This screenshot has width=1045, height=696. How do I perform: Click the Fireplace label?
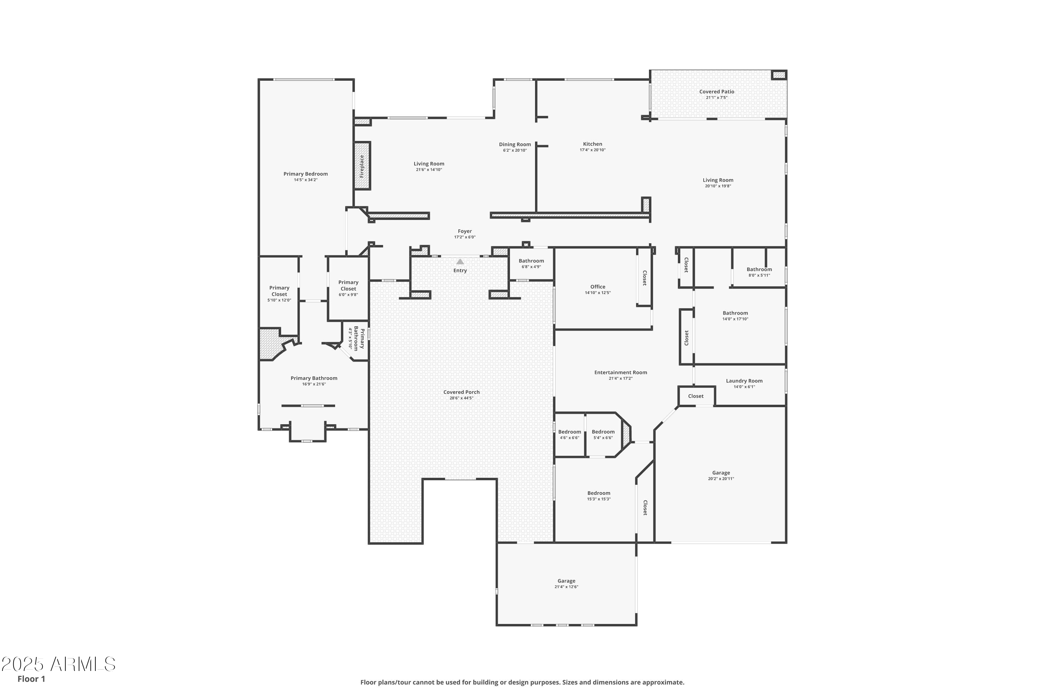click(x=362, y=166)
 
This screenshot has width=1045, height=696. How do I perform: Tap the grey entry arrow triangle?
click(x=460, y=262)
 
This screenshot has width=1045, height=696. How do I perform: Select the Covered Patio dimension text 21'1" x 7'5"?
click(x=716, y=98)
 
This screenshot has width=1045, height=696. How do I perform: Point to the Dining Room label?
click(x=514, y=144)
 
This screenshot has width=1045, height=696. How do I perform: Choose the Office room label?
click(x=598, y=287)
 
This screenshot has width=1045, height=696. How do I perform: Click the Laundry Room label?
click(x=744, y=381)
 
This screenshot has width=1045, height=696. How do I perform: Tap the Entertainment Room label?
click(x=620, y=372)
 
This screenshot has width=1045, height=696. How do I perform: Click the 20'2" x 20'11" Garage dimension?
click(x=721, y=478)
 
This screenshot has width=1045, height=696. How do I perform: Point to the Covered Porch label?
click(x=461, y=392)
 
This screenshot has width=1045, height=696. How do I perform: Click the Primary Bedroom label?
click(x=306, y=174)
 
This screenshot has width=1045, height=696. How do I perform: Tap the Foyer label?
click(x=465, y=231)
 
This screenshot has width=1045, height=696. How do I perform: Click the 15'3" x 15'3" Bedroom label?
click(x=598, y=493)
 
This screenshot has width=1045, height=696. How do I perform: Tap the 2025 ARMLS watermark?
click(x=58, y=664)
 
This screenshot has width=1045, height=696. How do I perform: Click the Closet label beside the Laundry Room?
click(x=695, y=396)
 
